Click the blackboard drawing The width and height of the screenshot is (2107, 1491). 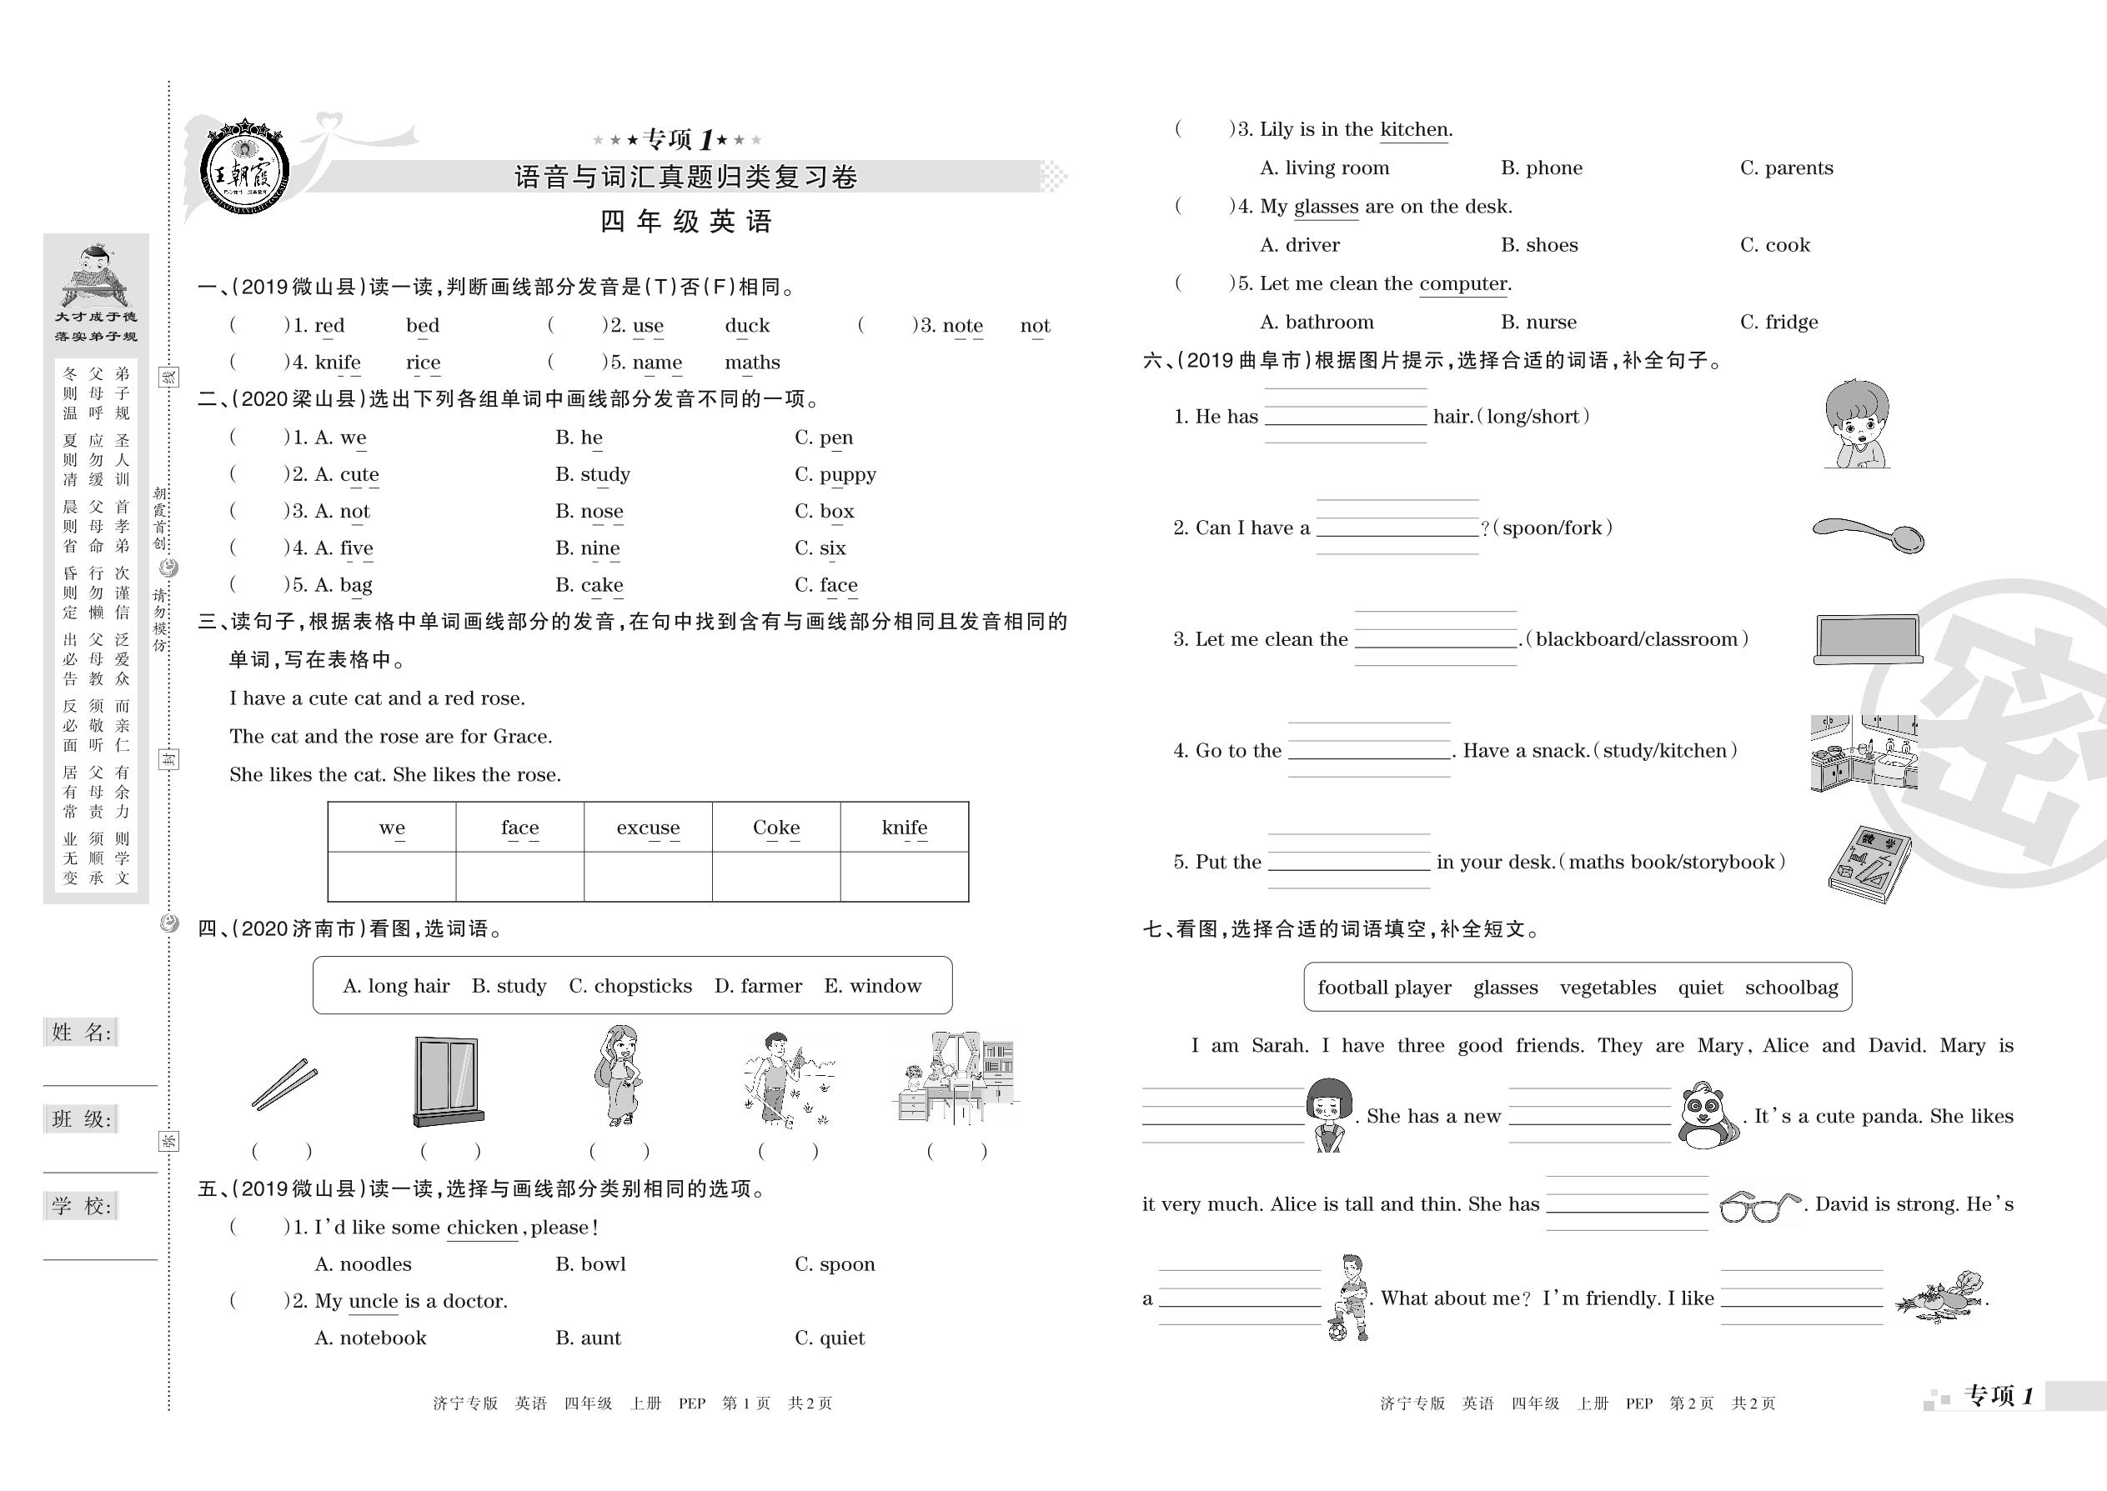[1867, 639]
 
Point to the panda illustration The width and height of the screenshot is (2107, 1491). [1708, 1115]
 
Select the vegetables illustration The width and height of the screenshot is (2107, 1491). [1942, 1298]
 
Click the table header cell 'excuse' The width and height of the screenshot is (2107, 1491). [648, 828]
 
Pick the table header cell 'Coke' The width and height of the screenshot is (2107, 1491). [776, 828]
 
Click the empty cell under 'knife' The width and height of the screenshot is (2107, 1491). [904, 877]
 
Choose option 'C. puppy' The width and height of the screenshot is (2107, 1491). [835, 475]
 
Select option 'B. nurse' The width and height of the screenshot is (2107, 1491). [1538, 323]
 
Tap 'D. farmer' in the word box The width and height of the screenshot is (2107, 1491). [758, 986]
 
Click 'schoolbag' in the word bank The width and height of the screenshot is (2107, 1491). [1791, 988]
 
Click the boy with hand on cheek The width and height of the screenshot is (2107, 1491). [1856, 423]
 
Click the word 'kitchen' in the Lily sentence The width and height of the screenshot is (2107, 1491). [1413, 129]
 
